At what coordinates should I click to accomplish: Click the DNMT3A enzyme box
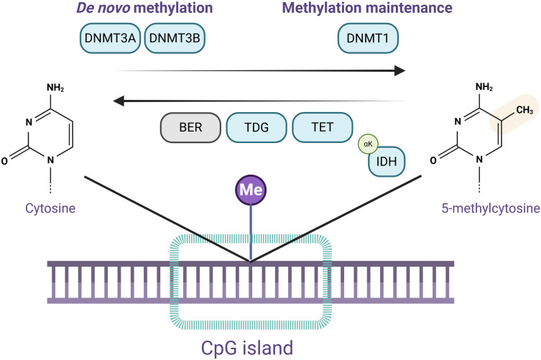(x=110, y=38)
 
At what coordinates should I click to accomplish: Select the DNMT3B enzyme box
(x=175, y=38)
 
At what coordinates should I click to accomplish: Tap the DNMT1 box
(x=368, y=38)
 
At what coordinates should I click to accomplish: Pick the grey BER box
(x=190, y=127)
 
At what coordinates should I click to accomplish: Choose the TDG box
(x=256, y=127)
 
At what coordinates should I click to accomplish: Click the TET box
(x=323, y=127)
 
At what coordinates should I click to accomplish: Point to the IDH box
(x=387, y=162)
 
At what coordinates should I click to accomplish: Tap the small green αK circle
(x=368, y=144)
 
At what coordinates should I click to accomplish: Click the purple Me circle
(x=251, y=190)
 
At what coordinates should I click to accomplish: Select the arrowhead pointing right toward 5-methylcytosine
(x=400, y=70)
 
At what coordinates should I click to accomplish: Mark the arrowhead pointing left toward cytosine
(x=119, y=101)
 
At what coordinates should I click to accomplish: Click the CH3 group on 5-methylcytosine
(x=524, y=110)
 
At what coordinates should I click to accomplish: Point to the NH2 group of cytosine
(x=55, y=88)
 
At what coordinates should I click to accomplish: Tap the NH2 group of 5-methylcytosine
(x=484, y=87)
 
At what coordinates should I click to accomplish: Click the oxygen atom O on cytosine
(x=4, y=161)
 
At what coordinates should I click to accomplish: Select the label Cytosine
(x=50, y=208)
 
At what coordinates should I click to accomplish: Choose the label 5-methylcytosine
(x=491, y=208)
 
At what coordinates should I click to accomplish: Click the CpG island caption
(x=247, y=348)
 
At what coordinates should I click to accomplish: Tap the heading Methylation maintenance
(x=367, y=8)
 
